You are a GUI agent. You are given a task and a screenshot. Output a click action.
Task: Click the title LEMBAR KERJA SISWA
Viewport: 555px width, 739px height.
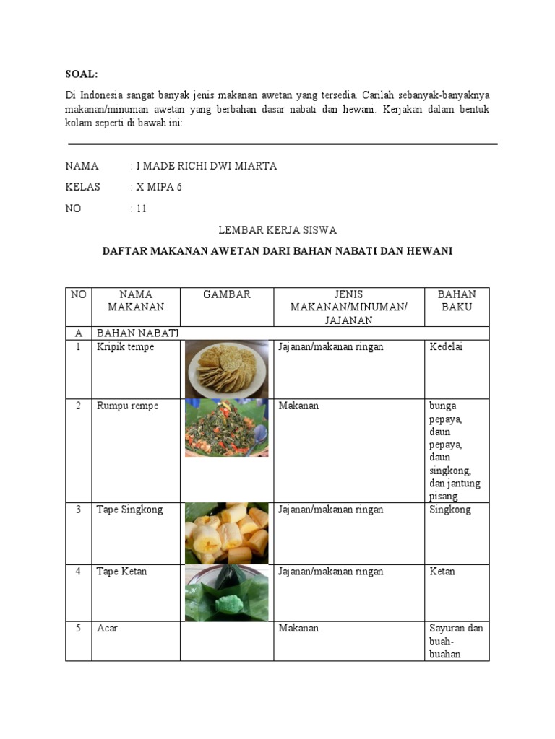[x=277, y=229]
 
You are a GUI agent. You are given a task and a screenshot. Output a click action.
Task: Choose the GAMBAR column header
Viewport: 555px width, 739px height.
[x=226, y=294]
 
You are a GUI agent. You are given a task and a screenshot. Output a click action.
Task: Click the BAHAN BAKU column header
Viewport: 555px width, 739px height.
[x=457, y=300]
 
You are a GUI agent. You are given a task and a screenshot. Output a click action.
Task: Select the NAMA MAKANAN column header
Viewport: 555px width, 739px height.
[x=136, y=300]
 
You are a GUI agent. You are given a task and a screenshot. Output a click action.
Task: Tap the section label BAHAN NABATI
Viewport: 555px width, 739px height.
[x=137, y=332]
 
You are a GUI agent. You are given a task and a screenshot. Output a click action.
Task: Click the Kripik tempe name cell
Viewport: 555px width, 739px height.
[x=126, y=347]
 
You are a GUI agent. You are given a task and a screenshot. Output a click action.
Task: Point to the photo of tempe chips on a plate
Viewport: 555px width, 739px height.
[x=226, y=369]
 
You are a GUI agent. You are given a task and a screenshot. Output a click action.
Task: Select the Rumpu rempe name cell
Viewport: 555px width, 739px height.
[x=128, y=406]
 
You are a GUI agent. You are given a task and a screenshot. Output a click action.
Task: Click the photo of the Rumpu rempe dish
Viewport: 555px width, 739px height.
[x=226, y=428]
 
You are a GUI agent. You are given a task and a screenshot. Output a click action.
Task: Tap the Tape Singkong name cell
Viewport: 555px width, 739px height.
[x=130, y=510]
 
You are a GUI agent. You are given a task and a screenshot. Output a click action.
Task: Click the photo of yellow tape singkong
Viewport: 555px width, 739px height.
[x=226, y=533]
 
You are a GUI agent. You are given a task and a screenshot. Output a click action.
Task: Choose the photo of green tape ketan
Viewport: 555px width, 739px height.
[x=226, y=593]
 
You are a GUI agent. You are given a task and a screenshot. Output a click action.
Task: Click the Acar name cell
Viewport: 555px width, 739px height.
[x=108, y=629]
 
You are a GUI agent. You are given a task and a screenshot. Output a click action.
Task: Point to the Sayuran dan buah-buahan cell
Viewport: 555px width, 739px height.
[x=455, y=642]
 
